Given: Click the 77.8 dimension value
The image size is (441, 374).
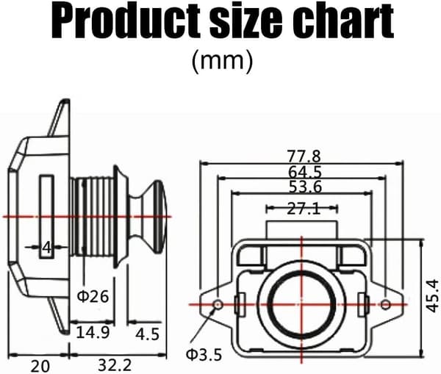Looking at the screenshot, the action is tap(304, 156).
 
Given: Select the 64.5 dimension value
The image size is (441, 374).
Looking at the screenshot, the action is tap(305, 172).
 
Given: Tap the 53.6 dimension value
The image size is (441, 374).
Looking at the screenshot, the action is tap(305, 187).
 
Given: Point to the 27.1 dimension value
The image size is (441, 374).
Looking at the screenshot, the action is tap(304, 209).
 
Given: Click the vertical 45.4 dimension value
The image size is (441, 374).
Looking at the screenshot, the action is tap(432, 295).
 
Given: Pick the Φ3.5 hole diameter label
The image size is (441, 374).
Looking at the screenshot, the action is tap(204, 355).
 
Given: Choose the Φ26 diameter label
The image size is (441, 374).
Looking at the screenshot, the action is tap(93, 296).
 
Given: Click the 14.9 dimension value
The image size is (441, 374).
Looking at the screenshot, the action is tap(93, 333).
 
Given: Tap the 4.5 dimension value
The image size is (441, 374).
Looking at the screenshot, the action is tap(148, 334).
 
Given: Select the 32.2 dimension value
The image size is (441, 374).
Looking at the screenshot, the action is tap(115, 365).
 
